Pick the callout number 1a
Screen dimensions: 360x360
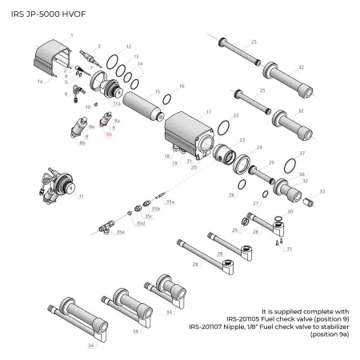pos(39,81)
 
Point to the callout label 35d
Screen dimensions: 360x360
pos(141,223)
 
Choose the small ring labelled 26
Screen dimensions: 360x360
pos(235,186)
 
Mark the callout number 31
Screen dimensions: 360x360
pos(289,249)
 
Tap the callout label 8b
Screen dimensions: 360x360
pos(82,145)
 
